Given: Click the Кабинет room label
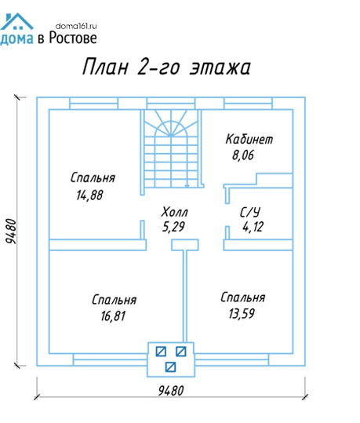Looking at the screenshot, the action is (249, 139).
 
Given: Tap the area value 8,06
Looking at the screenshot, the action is (243, 155).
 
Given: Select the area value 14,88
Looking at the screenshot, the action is (89, 195).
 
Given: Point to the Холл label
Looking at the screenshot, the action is (174, 212).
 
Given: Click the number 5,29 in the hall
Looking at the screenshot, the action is (173, 227).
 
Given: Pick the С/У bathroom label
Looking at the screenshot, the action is (250, 212).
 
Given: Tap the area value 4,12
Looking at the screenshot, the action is (253, 227).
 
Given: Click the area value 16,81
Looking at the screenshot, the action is (113, 316).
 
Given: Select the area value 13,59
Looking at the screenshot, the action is (242, 313).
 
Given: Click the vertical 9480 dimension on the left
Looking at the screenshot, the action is (12, 232).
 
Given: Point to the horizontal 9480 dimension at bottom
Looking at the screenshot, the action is (171, 391).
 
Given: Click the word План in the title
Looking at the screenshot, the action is (105, 67).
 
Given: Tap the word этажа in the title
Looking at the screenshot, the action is (220, 67).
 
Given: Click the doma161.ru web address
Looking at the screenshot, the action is (76, 26).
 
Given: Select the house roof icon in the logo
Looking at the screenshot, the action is (16, 21).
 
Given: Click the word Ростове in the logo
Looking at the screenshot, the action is (73, 38).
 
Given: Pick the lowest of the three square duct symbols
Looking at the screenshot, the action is (171, 367).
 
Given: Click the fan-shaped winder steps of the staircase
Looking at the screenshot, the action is (171, 123).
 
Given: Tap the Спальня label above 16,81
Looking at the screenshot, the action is (114, 300).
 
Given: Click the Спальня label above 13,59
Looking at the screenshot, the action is (242, 297).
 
